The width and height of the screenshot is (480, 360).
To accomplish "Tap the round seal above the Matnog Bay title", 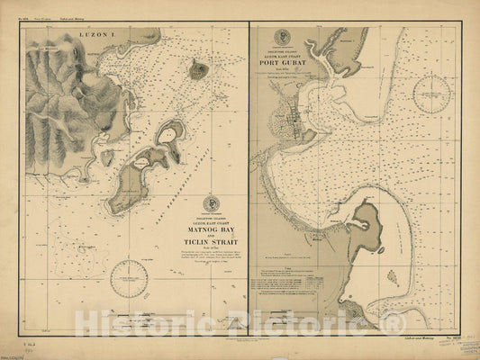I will [x=212, y=202].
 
